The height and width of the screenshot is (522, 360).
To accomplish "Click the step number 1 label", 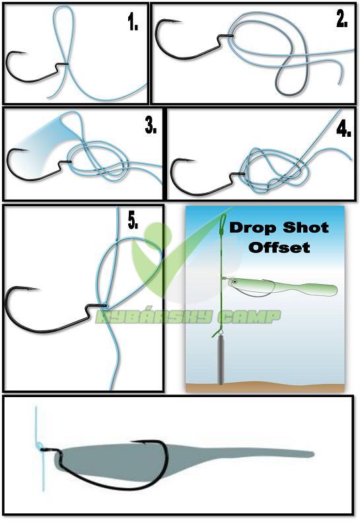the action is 133,23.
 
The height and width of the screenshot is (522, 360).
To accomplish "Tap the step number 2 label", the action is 342,20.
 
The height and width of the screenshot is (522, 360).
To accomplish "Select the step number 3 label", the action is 151,126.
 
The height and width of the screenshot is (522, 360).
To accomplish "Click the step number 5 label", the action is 133,221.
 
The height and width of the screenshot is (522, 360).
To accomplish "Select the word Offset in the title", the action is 279,247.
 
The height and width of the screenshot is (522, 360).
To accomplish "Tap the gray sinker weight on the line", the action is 221,359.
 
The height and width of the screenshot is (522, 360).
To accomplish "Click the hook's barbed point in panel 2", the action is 180,22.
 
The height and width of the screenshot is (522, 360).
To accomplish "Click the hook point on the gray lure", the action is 132,442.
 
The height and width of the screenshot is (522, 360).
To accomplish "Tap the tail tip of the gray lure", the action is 313,454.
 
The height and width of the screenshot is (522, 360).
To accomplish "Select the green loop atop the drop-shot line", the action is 223,220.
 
